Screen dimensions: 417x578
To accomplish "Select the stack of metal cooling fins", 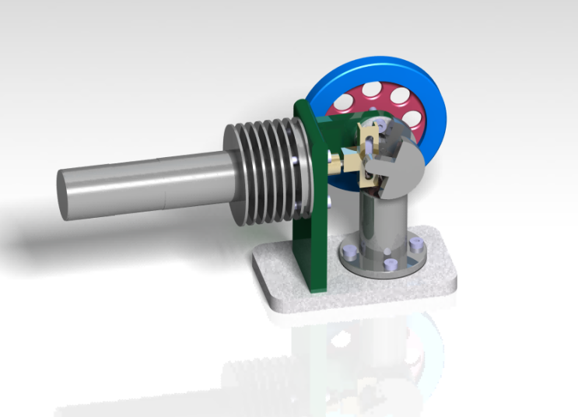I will click(264, 167).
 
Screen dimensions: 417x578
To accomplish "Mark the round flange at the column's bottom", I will click(381, 261).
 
